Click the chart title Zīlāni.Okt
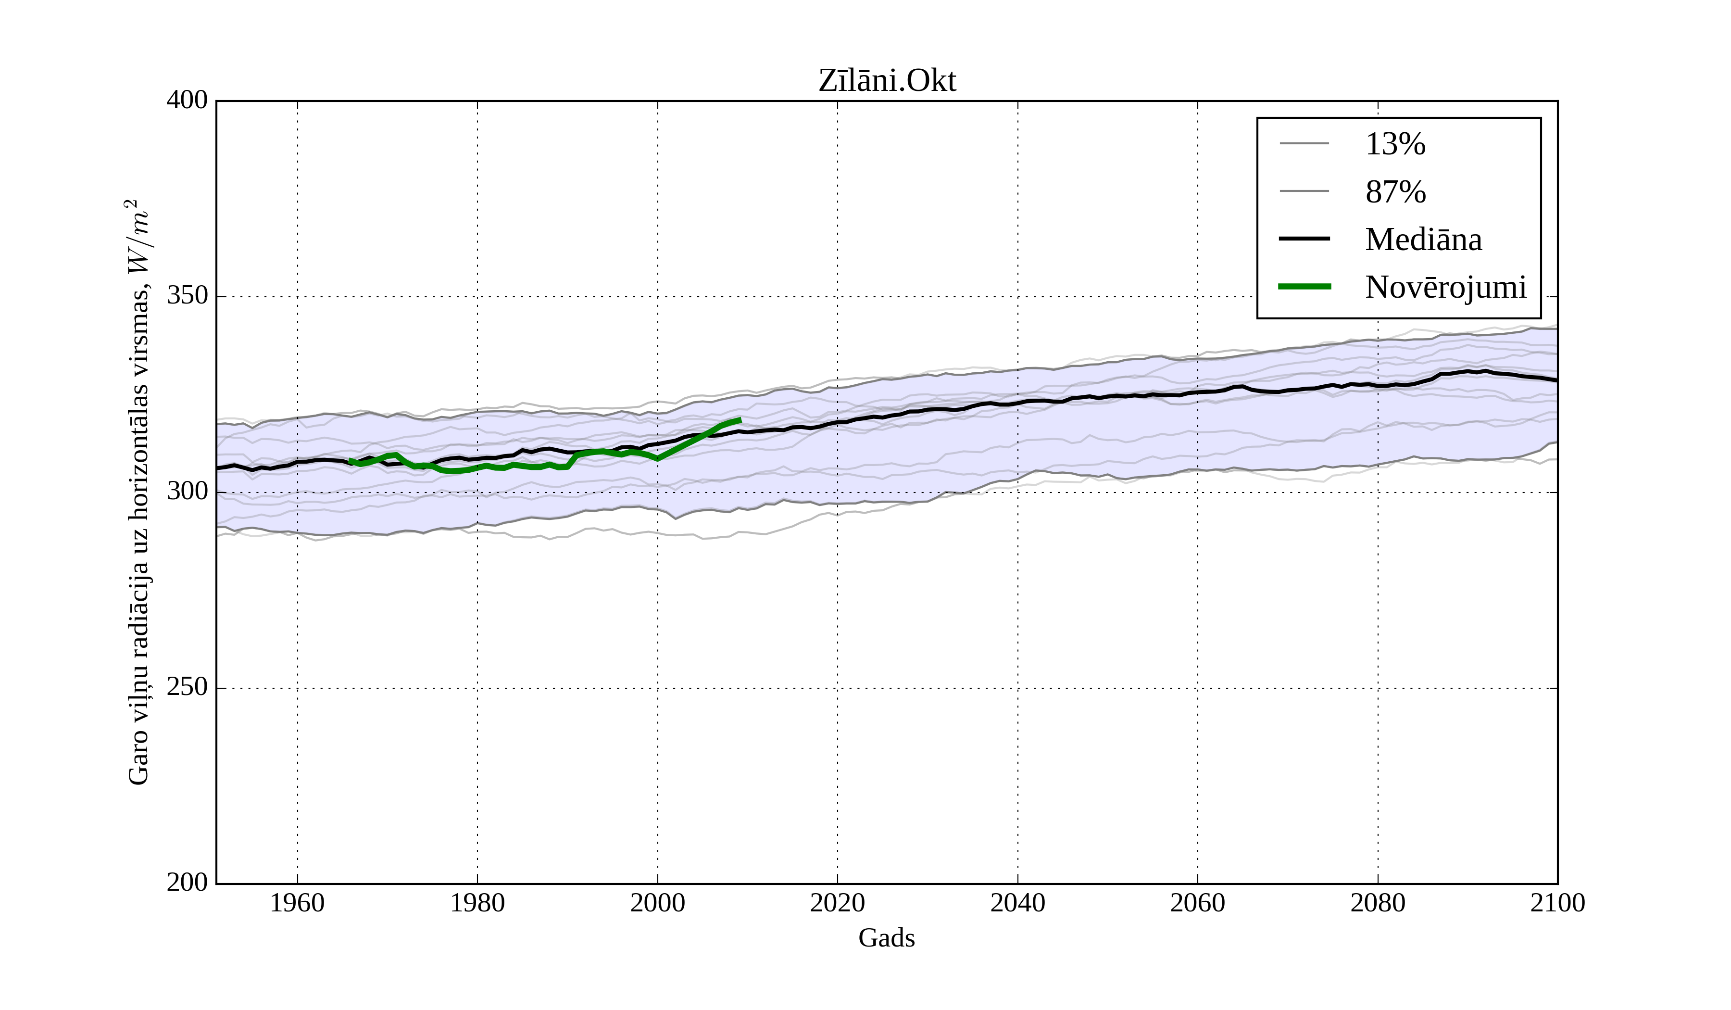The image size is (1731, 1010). (887, 81)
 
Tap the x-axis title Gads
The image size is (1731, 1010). (886, 938)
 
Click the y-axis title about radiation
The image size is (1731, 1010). (138, 492)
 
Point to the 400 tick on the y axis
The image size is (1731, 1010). (187, 101)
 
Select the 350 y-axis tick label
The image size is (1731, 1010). (187, 296)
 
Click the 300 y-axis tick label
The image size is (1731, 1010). (187, 492)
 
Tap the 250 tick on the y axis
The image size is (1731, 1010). (187, 687)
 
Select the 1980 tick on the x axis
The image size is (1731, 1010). (477, 903)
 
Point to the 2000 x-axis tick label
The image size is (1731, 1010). (657, 903)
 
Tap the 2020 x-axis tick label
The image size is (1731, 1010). (837, 903)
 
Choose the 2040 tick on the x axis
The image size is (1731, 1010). (1017, 903)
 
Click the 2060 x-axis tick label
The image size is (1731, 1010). (1197, 903)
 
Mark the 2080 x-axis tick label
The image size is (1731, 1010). (1377, 903)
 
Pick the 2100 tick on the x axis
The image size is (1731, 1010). (1557, 903)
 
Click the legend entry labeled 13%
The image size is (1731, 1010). (1395, 144)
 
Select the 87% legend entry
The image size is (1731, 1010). (1395, 192)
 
